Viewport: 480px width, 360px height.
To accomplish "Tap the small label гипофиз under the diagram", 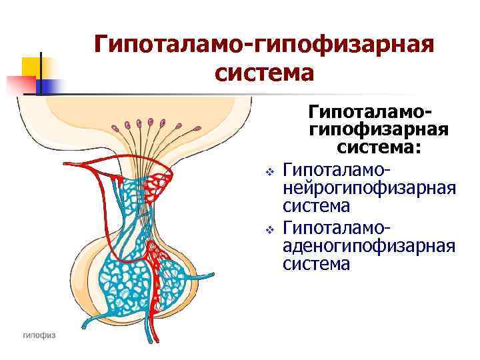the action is (x=39, y=335).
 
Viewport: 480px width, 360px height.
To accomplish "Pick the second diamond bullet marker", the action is (x=269, y=230).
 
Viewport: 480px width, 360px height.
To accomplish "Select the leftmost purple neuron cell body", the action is (x=115, y=127).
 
